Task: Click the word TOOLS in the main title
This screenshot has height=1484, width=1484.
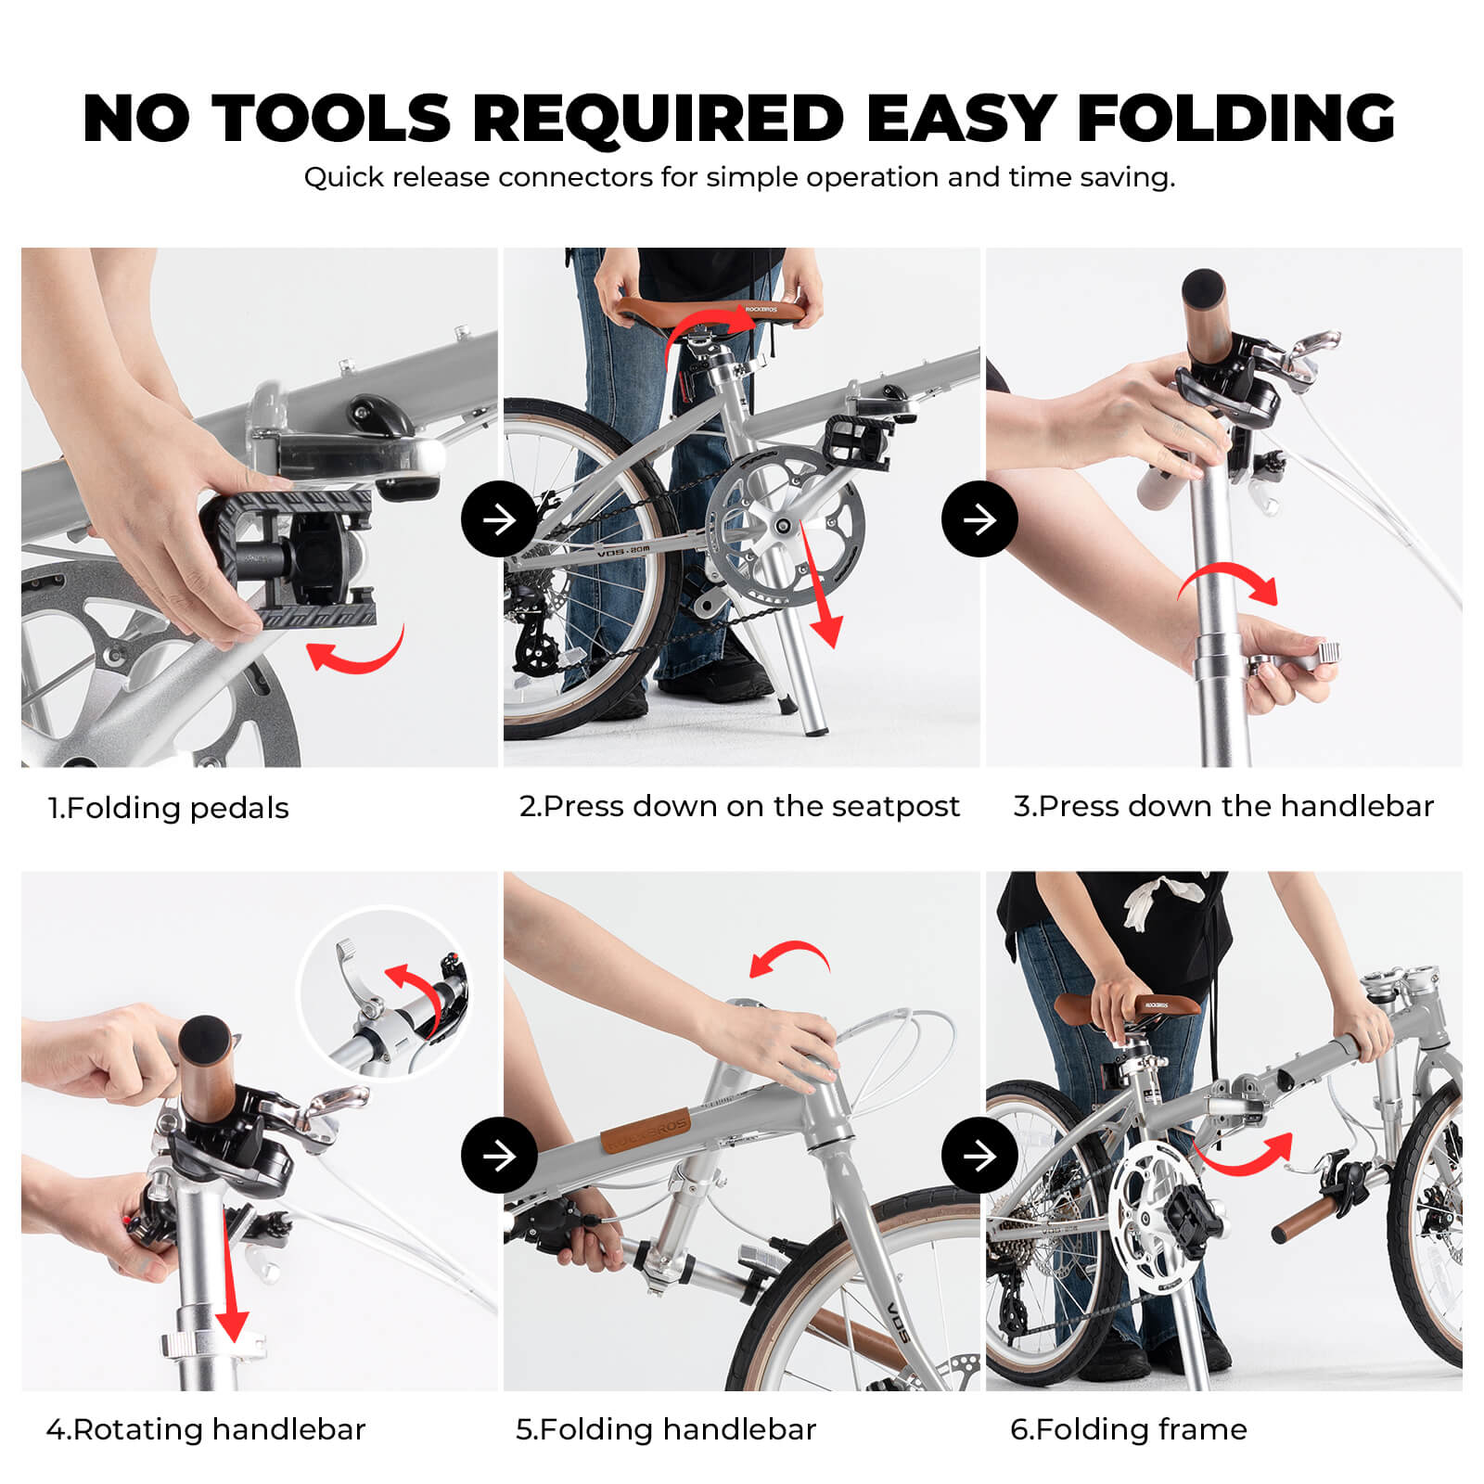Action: tap(331, 119)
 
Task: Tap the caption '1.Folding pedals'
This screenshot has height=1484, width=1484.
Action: tap(168, 808)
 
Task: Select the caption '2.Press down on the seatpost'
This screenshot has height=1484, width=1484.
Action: tap(738, 806)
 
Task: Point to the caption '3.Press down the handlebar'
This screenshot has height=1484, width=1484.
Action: tap(1222, 806)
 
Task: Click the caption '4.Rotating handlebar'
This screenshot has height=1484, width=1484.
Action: tap(206, 1429)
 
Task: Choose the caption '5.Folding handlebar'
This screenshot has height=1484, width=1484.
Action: tap(665, 1429)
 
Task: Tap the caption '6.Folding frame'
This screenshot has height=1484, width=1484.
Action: tap(1128, 1429)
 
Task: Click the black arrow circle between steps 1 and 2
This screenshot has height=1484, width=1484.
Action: tap(499, 519)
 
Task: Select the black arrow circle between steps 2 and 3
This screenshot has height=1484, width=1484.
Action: tap(979, 519)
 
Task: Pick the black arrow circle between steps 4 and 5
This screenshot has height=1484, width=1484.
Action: tap(499, 1155)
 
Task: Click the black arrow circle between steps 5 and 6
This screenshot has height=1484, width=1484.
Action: tap(979, 1155)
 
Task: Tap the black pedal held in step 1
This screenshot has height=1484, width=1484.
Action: tap(288, 556)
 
